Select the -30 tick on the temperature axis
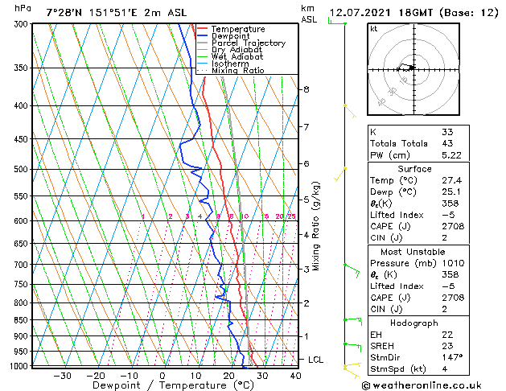[62, 375]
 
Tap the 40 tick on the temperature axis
[295, 375]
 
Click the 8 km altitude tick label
[306, 89]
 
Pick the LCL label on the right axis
[317, 360]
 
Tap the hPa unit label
[23, 8]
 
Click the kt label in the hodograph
[373, 29]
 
